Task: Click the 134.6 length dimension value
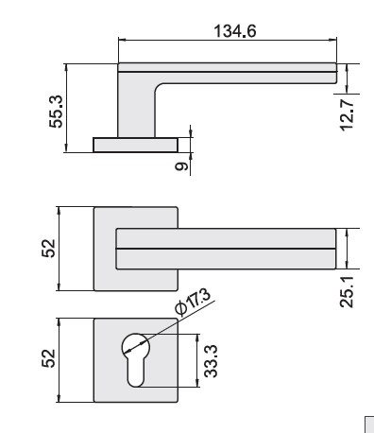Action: (235, 31)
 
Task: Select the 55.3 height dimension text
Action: (57, 112)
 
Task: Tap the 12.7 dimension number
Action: (347, 114)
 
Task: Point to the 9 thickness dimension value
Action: (181, 166)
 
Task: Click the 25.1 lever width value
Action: (347, 292)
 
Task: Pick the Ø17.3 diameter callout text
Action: (193, 302)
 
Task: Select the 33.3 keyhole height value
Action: (211, 361)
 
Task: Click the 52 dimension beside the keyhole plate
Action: (48, 358)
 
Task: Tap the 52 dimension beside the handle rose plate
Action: (48, 249)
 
